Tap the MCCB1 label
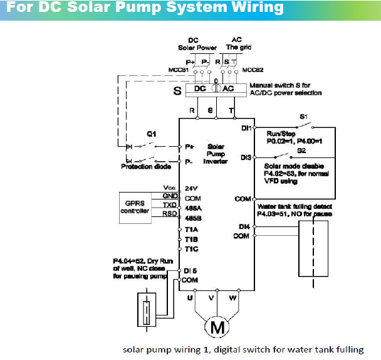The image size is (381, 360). coord(179,70)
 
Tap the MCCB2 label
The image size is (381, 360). coord(253,70)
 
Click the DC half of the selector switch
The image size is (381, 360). coord(199,89)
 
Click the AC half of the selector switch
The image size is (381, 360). coord(227,89)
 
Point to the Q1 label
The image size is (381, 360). coord(150,134)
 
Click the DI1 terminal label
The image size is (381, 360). coord(246,128)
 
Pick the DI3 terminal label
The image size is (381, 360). coord(246,157)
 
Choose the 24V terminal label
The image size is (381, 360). coord(191,188)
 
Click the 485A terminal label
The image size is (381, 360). coord(192,208)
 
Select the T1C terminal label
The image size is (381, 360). coord(191,249)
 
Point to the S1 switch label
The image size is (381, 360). coord(303,117)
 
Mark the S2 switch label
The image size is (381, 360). coord(301,151)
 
